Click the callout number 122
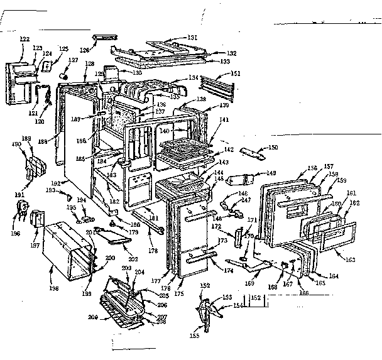[x=25, y=39]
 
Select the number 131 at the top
[x=193, y=38]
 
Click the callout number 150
[x=272, y=148]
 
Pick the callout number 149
[x=271, y=173]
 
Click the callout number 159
[x=342, y=182]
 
